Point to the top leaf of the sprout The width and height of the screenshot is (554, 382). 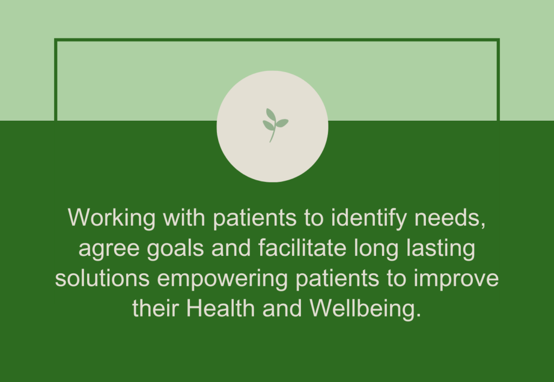point(271,115)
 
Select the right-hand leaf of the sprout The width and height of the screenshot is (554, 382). point(282,123)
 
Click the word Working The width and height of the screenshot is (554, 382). point(111,218)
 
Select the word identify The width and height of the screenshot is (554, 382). point(369,218)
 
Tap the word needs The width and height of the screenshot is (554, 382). point(450,218)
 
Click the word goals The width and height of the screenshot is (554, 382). point(175,248)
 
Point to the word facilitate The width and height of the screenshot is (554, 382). point(302,248)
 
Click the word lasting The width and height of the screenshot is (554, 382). point(440,248)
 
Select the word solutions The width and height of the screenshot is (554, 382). point(102,278)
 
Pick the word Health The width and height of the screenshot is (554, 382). point(221,308)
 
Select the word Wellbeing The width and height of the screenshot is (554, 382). point(366,309)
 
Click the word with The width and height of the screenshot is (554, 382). point(184,218)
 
